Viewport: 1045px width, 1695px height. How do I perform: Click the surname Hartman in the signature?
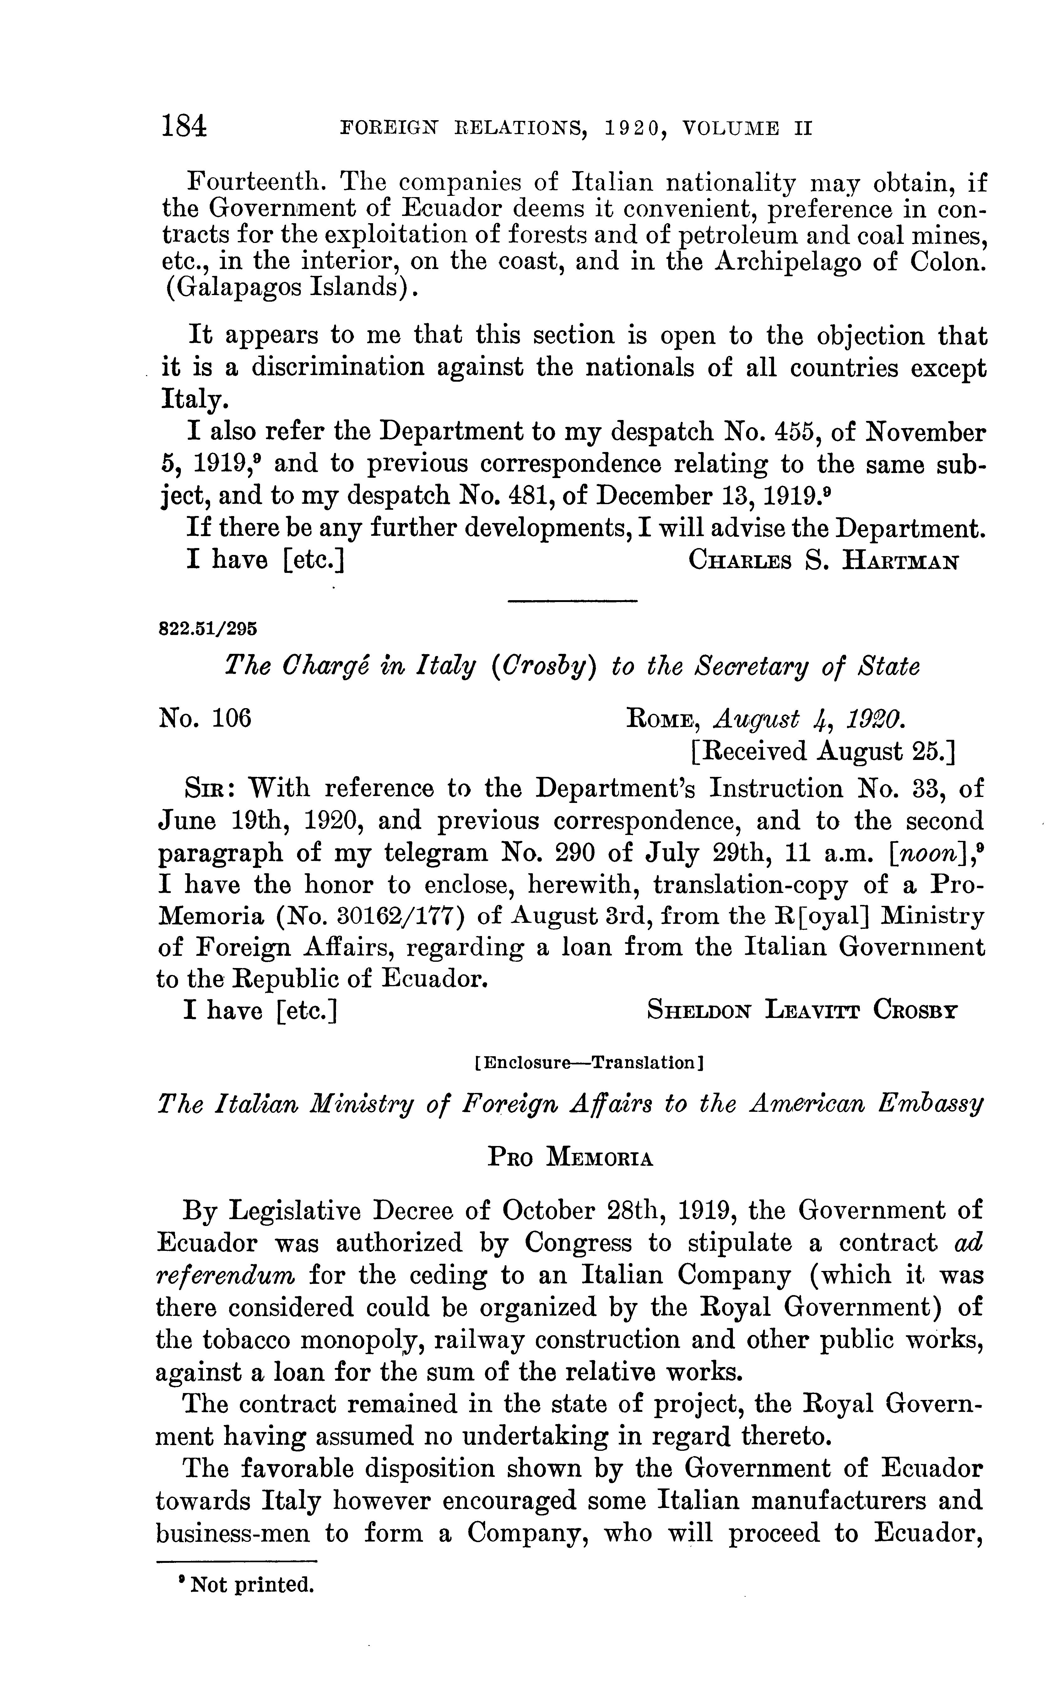900,560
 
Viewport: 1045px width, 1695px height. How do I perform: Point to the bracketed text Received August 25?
822,751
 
